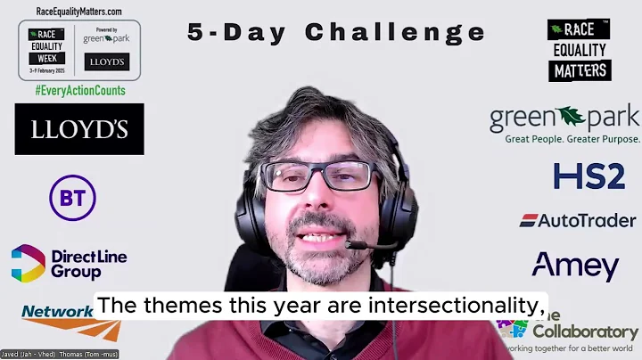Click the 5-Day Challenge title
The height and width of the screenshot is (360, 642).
click(x=336, y=33)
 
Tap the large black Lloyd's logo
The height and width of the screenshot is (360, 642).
click(x=78, y=129)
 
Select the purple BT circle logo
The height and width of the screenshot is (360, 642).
click(x=72, y=197)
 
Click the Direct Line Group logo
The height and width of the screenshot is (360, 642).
click(x=69, y=264)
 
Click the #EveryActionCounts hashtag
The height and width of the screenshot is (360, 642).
click(x=79, y=91)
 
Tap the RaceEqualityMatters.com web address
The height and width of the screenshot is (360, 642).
click(x=79, y=11)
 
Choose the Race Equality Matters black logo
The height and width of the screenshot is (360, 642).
click(x=579, y=50)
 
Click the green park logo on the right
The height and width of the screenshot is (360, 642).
click(x=564, y=118)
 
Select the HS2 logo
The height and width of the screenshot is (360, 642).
click(x=588, y=176)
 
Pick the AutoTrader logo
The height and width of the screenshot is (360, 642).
click(x=577, y=220)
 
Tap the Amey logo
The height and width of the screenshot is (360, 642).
click(x=575, y=266)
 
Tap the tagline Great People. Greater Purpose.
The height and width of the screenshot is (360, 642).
click(x=572, y=139)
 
